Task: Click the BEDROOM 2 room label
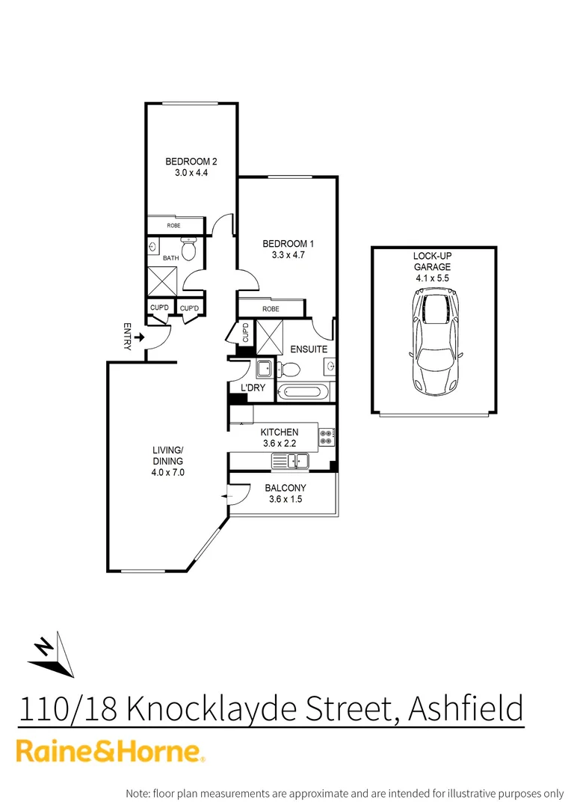pyautogui.click(x=191, y=161)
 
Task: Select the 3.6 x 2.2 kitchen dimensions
pyautogui.click(x=280, y=443)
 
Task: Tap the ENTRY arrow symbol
pyautogui.click(x=139, y=339)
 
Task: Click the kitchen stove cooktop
pyautogui.click(x=327, y=437)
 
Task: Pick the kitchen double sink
pyautogui.click(x=290, y=462)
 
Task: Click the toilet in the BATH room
pyautogui.click(x=189, y=249)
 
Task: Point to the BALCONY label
pyautogui.click(x=285, y=489)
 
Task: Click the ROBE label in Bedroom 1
pyautogui.click(x=271, y=308)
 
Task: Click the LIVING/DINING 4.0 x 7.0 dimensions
pyautogui.click(x=168, y=472)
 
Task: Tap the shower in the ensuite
pyautogui.click(x=268, y=336)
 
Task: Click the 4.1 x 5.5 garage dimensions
pyautogui.click(x=433, y=278)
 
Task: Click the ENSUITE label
pyautogui.click(x=308, y=349)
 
